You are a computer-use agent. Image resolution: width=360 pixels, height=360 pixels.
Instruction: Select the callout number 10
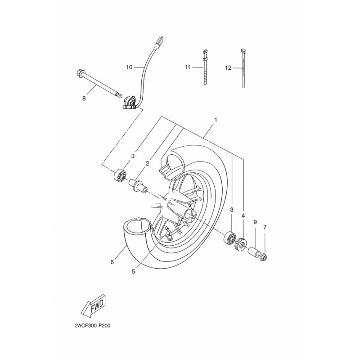[x=129, y=67]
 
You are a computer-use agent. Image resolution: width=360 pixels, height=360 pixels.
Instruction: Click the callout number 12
[x=228, y=67]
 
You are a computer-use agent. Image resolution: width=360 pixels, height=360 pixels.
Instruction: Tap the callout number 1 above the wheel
[x=216, y=120]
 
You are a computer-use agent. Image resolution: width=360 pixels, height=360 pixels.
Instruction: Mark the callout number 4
[x=243, y=216]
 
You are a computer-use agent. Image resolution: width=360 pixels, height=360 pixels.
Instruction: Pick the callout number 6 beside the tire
[x=112, y=261]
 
